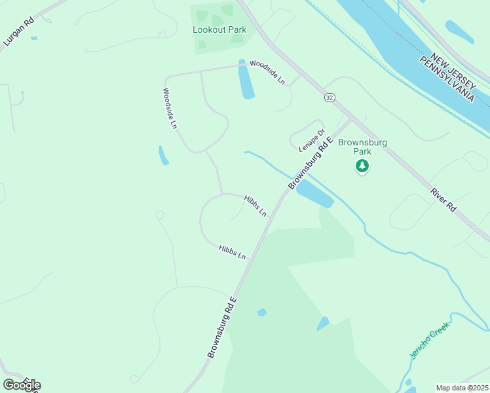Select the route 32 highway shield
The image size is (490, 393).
pos(330,97)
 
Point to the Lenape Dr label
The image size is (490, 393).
pos(312,140)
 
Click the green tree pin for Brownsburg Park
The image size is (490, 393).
pos(362,166)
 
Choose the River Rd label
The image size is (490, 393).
pos(443,200)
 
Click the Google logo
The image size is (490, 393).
pos(22,384)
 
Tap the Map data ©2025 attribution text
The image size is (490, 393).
pos(462,388)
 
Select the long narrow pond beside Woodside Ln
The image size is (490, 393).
pos(246,80)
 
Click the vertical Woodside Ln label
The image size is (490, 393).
pos(170,108)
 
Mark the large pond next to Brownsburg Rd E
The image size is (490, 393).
pos(315,194)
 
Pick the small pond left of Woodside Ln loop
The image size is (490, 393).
pos(163,155)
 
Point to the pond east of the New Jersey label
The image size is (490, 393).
pos(459,31)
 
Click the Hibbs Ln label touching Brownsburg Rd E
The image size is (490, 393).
pos(255,206)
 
